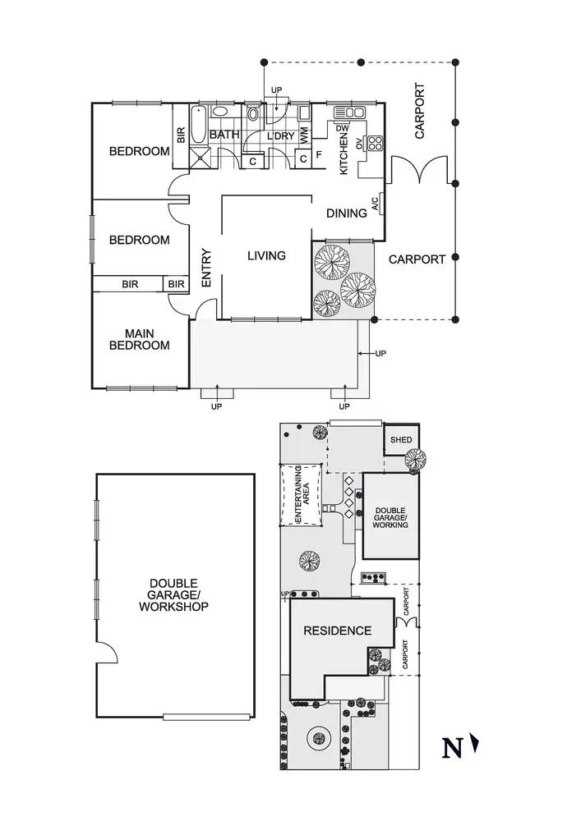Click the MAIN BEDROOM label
(140, 339)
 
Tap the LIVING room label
(266, 255)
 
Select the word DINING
(346, 213)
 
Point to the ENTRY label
(206, 268)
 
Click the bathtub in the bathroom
(198, 125)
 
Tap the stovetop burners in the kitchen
(375, 143)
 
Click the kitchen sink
(349, 112)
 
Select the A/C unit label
(376, 204)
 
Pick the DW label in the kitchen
(342, 128)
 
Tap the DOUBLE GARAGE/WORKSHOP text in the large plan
(174, 594)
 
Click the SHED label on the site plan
(401, 440)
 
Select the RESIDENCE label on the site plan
(338, 631)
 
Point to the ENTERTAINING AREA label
(302, 493)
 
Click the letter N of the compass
(452, 748)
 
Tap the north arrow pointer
(475, 744)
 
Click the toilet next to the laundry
(253, 113)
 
